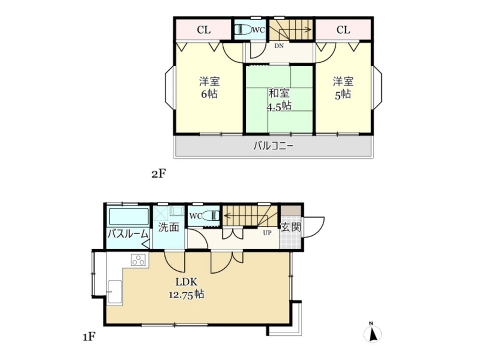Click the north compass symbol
click(x=372, y=333)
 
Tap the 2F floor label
click(x=159, y=174)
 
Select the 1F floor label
click(x=89, y=337)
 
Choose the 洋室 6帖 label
click(x=209, y=87)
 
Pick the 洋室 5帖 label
click(x=343, y=88)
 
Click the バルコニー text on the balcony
click(x=274, y=146)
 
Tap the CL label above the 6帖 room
click(x=204, y=30)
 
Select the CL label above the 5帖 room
click(x=343, y=30)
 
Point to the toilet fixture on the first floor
click(x=211, y=216)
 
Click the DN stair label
click(x=279, y=46)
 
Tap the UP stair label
click(x=267, y=233)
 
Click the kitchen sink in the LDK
click(x=115, y=292)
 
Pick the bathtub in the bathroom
click(x=129, y=216)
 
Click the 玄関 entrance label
click(x=291, y=227)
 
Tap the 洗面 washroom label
click(x=168, y=228)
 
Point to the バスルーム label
click(x=128, y=235)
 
